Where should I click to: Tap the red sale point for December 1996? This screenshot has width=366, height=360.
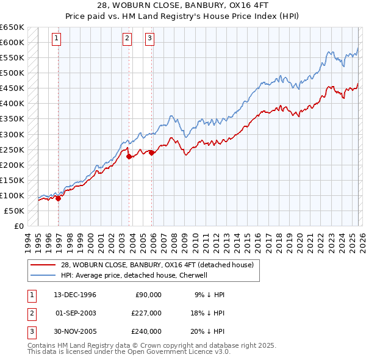click(59, 198)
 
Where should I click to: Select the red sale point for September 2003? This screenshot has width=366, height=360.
click(129, 156)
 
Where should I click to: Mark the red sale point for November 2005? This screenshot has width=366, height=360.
click(152, 153)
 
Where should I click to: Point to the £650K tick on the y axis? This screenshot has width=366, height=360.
click(12, 27)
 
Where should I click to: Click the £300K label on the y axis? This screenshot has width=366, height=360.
click(12, 134)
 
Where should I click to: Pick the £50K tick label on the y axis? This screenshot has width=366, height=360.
click(14, 211)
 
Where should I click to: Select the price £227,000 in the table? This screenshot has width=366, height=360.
click(146, 313)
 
